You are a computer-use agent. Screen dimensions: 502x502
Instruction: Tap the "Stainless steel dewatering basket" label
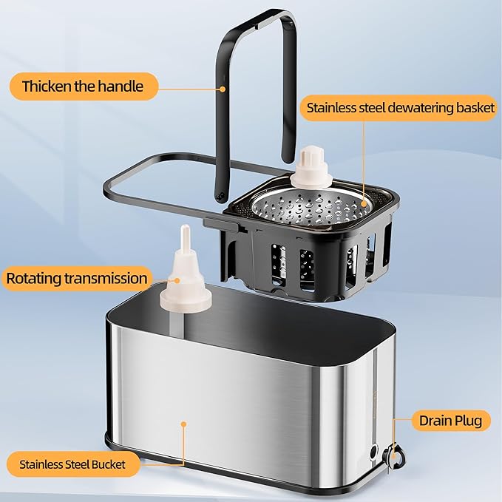[400, 108]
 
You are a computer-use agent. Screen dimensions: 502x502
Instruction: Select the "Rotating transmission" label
[76, 279]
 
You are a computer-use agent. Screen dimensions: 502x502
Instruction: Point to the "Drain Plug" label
[450, 421]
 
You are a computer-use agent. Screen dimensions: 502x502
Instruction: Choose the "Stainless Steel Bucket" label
[72, 465]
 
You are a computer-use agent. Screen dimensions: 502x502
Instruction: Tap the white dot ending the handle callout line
[223, 89]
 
